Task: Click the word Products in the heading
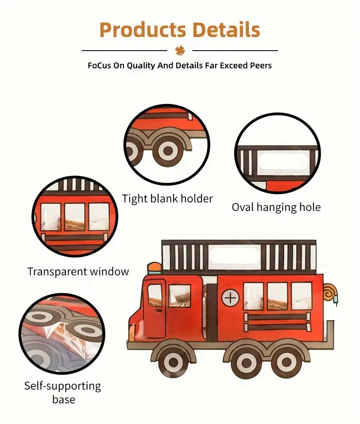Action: (143, 30)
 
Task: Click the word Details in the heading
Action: (226, 29)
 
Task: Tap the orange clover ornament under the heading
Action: (180, 50)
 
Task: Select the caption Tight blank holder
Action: (168, 199)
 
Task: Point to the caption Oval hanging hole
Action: (276, 207)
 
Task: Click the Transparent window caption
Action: (78, 271)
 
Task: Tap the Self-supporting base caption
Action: (63, 393)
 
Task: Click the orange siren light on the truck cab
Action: (154, 268)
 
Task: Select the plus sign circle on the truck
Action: (231, 298)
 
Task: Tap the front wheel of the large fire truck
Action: (173, 362)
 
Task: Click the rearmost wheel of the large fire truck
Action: (286, 362)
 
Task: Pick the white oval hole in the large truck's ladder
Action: (234, 255)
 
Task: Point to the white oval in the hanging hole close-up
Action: (283, 161)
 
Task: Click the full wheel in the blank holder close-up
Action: (168, 150)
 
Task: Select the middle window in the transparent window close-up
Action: (75, 217)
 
